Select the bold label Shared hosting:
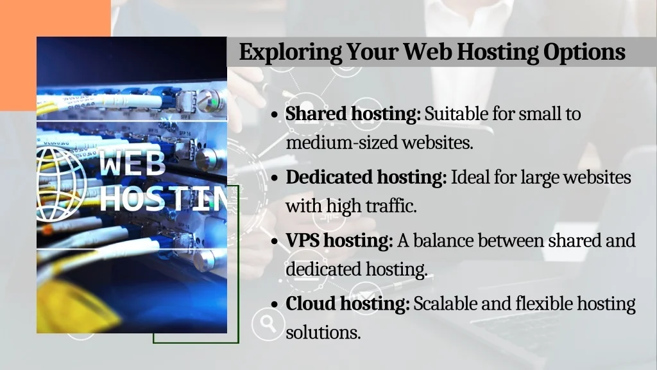pos(353,114)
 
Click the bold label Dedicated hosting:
pos(366,177)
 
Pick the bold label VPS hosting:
pos(339,241)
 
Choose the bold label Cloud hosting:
pos(347,303)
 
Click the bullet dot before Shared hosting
pos(275,116)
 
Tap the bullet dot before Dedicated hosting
pos(275,178)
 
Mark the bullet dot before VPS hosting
pos(275,242)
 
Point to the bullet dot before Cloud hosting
pos(275,304)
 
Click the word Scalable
pos(445,303)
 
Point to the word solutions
pos(322,333)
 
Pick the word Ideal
pos(469,177)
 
